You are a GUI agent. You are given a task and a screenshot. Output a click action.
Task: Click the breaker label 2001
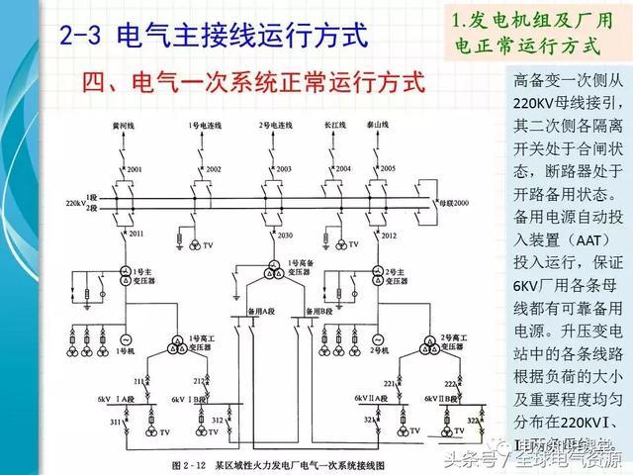(136, 169)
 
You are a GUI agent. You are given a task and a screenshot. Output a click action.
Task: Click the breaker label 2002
(214, 169)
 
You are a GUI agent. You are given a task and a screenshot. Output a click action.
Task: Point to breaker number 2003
(284, 169)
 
